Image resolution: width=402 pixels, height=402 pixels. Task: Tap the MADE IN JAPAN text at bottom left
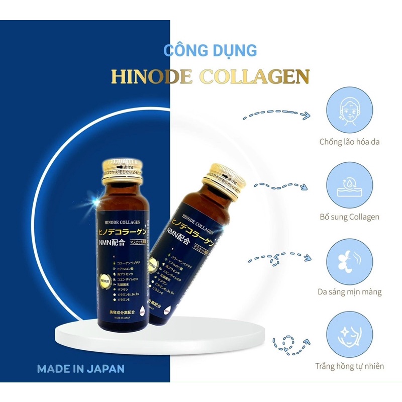[x=80, y=368]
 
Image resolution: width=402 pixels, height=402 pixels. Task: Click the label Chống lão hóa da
[x=349, y=142]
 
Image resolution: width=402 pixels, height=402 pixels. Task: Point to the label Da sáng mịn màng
[x=349, y=291]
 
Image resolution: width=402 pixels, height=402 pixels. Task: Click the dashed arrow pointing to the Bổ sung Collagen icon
[x=282, y=186]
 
